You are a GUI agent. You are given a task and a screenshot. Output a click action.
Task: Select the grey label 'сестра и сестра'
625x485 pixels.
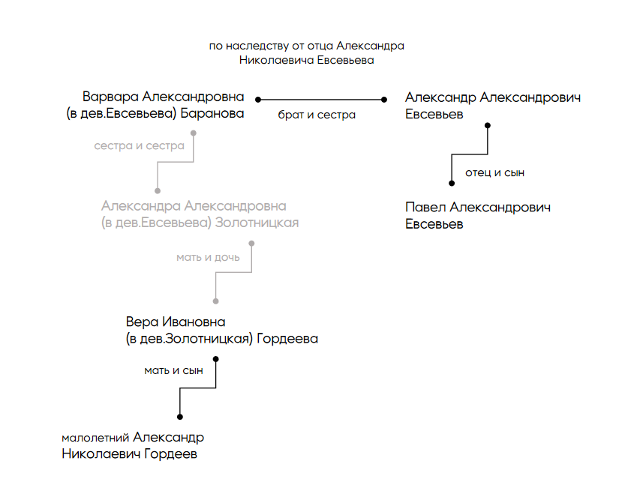point(139,145)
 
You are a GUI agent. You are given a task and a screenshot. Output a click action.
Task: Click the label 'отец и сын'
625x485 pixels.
point(494,173)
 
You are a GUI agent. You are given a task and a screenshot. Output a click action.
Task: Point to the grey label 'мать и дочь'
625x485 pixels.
point(208,257)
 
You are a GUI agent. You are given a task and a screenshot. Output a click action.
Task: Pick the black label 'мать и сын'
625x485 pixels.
point(173,370)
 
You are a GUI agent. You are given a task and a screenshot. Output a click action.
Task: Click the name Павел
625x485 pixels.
point(425,208)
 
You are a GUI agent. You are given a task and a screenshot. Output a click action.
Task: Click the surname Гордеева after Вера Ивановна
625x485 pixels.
point(287,339)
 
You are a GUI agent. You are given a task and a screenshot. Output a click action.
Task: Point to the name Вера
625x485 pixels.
point(142,322)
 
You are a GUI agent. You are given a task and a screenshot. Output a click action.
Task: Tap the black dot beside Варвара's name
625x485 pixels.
point(257,99)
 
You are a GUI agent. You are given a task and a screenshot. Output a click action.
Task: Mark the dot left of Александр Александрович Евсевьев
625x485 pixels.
point(383,99)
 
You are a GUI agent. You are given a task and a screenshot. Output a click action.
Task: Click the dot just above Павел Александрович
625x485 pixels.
point(451,182)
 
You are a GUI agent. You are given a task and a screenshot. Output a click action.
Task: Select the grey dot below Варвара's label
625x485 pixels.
point(194,133)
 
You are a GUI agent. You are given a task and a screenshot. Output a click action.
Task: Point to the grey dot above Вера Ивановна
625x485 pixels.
point(215,301)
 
